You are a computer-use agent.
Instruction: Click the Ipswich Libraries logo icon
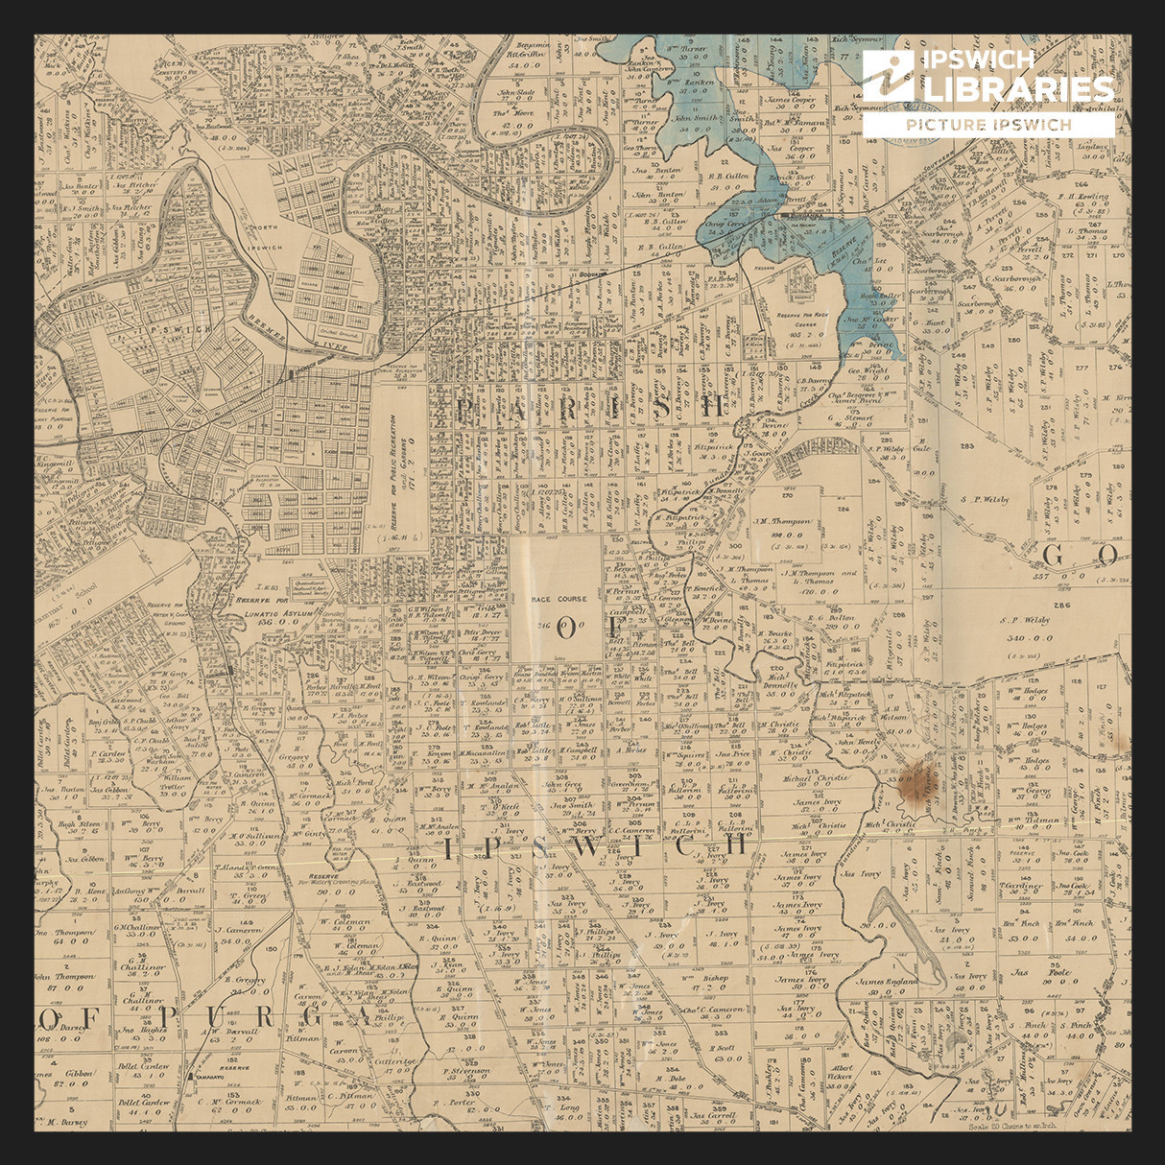(888, 77)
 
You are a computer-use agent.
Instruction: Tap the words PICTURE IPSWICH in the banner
(987, 125)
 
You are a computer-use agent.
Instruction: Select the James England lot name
(887, 982)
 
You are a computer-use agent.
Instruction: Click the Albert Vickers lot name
(842, 1073)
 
